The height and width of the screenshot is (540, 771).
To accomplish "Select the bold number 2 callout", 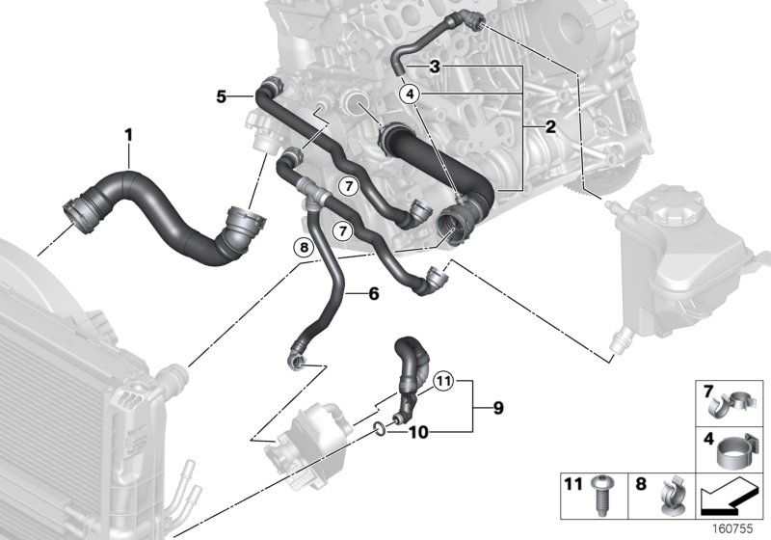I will tap(550, 126).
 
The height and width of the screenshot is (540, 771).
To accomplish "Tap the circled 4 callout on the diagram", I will tap(412, 94).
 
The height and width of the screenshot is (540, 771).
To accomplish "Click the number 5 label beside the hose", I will tap(221, 96).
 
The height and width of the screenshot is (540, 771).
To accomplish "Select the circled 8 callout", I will tap(304, 249).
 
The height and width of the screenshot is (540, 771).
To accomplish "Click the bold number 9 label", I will tap(497, 409).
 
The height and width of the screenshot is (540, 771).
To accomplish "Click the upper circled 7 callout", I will tap(348, 183).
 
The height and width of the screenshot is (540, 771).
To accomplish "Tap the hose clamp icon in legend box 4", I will tap(739, 447).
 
